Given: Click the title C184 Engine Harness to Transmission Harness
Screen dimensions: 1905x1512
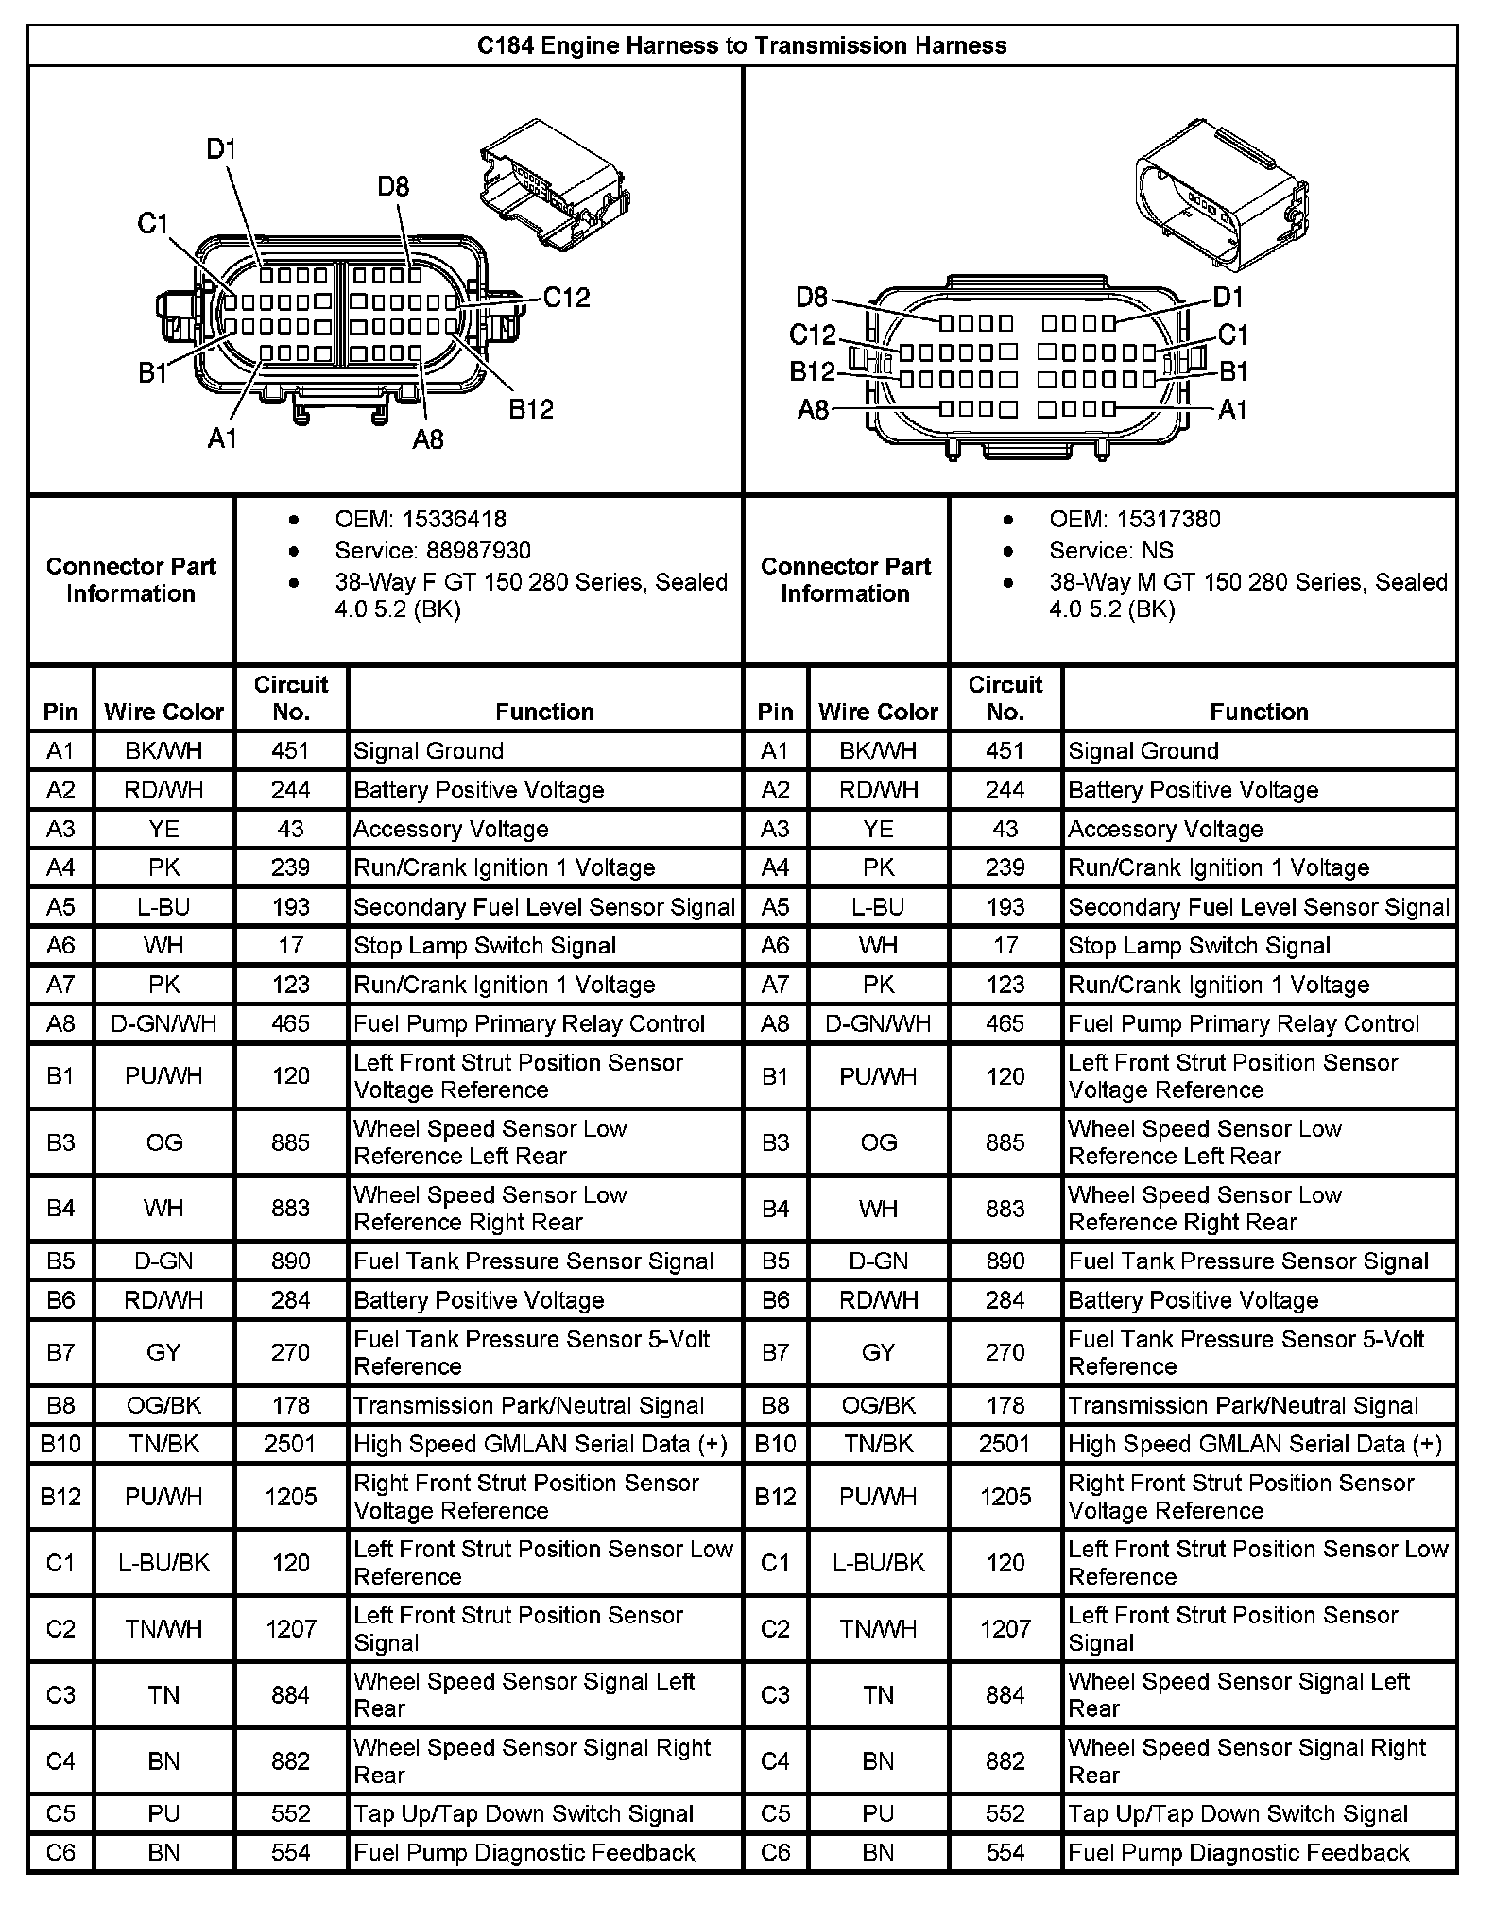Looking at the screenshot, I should (742, 45).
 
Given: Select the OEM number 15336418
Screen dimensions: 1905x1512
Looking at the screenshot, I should (454, 519).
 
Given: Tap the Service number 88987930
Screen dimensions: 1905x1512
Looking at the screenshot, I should (479, 550).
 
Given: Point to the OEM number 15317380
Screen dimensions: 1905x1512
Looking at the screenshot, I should (1168, 519).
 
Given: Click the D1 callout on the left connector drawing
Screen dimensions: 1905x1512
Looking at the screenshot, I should (221, 149).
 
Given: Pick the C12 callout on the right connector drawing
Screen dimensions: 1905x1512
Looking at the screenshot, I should (813, 335).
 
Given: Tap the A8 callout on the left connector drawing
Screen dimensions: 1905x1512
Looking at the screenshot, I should (427, 438).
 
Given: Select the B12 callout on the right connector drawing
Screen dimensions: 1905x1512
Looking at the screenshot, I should (813, 371).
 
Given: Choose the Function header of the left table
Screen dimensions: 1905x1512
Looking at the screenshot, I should (544, 712).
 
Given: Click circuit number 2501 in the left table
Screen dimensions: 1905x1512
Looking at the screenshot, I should (290, 1444).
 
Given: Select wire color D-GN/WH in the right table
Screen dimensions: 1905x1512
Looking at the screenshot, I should (878, 1023).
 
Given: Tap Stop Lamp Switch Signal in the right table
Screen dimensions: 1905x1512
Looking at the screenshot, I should (1198, 946).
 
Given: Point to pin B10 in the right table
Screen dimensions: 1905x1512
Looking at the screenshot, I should (775, 1444).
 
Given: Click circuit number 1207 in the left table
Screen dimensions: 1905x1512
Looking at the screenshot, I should (290, 1628).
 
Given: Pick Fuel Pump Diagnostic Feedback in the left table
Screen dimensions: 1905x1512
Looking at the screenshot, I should (524, 1853).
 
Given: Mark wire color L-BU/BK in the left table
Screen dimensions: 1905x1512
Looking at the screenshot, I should (163, 1562).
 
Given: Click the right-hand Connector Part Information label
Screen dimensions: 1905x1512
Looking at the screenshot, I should (846, 579).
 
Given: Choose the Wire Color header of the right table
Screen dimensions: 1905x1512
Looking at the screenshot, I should (878, 712).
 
